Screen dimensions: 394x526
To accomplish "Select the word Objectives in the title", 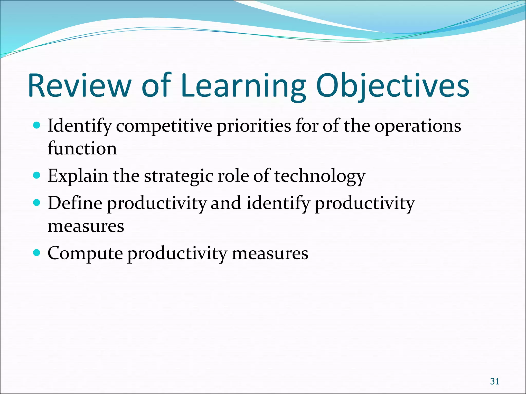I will (x=393, y=86).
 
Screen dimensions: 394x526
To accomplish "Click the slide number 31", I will (x=494, y=381).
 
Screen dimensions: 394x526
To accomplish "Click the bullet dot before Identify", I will (x=37, y=125).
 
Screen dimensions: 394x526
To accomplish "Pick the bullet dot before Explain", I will (x=37, y=175).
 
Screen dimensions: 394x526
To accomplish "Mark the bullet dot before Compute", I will (x=37, y=253).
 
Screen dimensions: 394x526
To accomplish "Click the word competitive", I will (x=164, y=126).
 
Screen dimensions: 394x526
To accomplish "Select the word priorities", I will (x=254, y=126).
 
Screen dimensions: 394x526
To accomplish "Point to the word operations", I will (x=418, y=126).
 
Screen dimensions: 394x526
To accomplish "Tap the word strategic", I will (x=179, y=176).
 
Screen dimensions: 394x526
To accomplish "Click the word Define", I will (x=75, y=203).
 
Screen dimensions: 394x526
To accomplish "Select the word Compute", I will (x=85, y=254).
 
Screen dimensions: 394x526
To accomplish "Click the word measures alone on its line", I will (x=86, y=226).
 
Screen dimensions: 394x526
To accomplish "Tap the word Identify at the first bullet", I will (x=80, y=126).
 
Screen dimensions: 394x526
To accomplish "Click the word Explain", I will (x=78, y=176).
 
